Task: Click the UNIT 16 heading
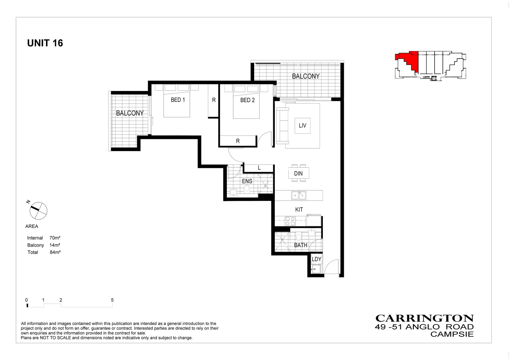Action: point(45,43)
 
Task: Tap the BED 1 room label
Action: point(178,100)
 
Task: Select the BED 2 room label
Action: point(247,100)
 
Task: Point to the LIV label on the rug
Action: point(303,126)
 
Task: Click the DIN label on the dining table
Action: point(298,173)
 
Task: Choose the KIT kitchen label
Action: point(299,210)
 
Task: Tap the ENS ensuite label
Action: point(247,181)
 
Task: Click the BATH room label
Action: point(301,245)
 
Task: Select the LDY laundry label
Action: point(316,259)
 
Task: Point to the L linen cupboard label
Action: point(259,168)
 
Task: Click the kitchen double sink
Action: point(298,195)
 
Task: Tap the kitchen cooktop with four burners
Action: point(290,221)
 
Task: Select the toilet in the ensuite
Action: point(247,189)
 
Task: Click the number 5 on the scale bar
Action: point(112,300)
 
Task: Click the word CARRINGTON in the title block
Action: point(424,318)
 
